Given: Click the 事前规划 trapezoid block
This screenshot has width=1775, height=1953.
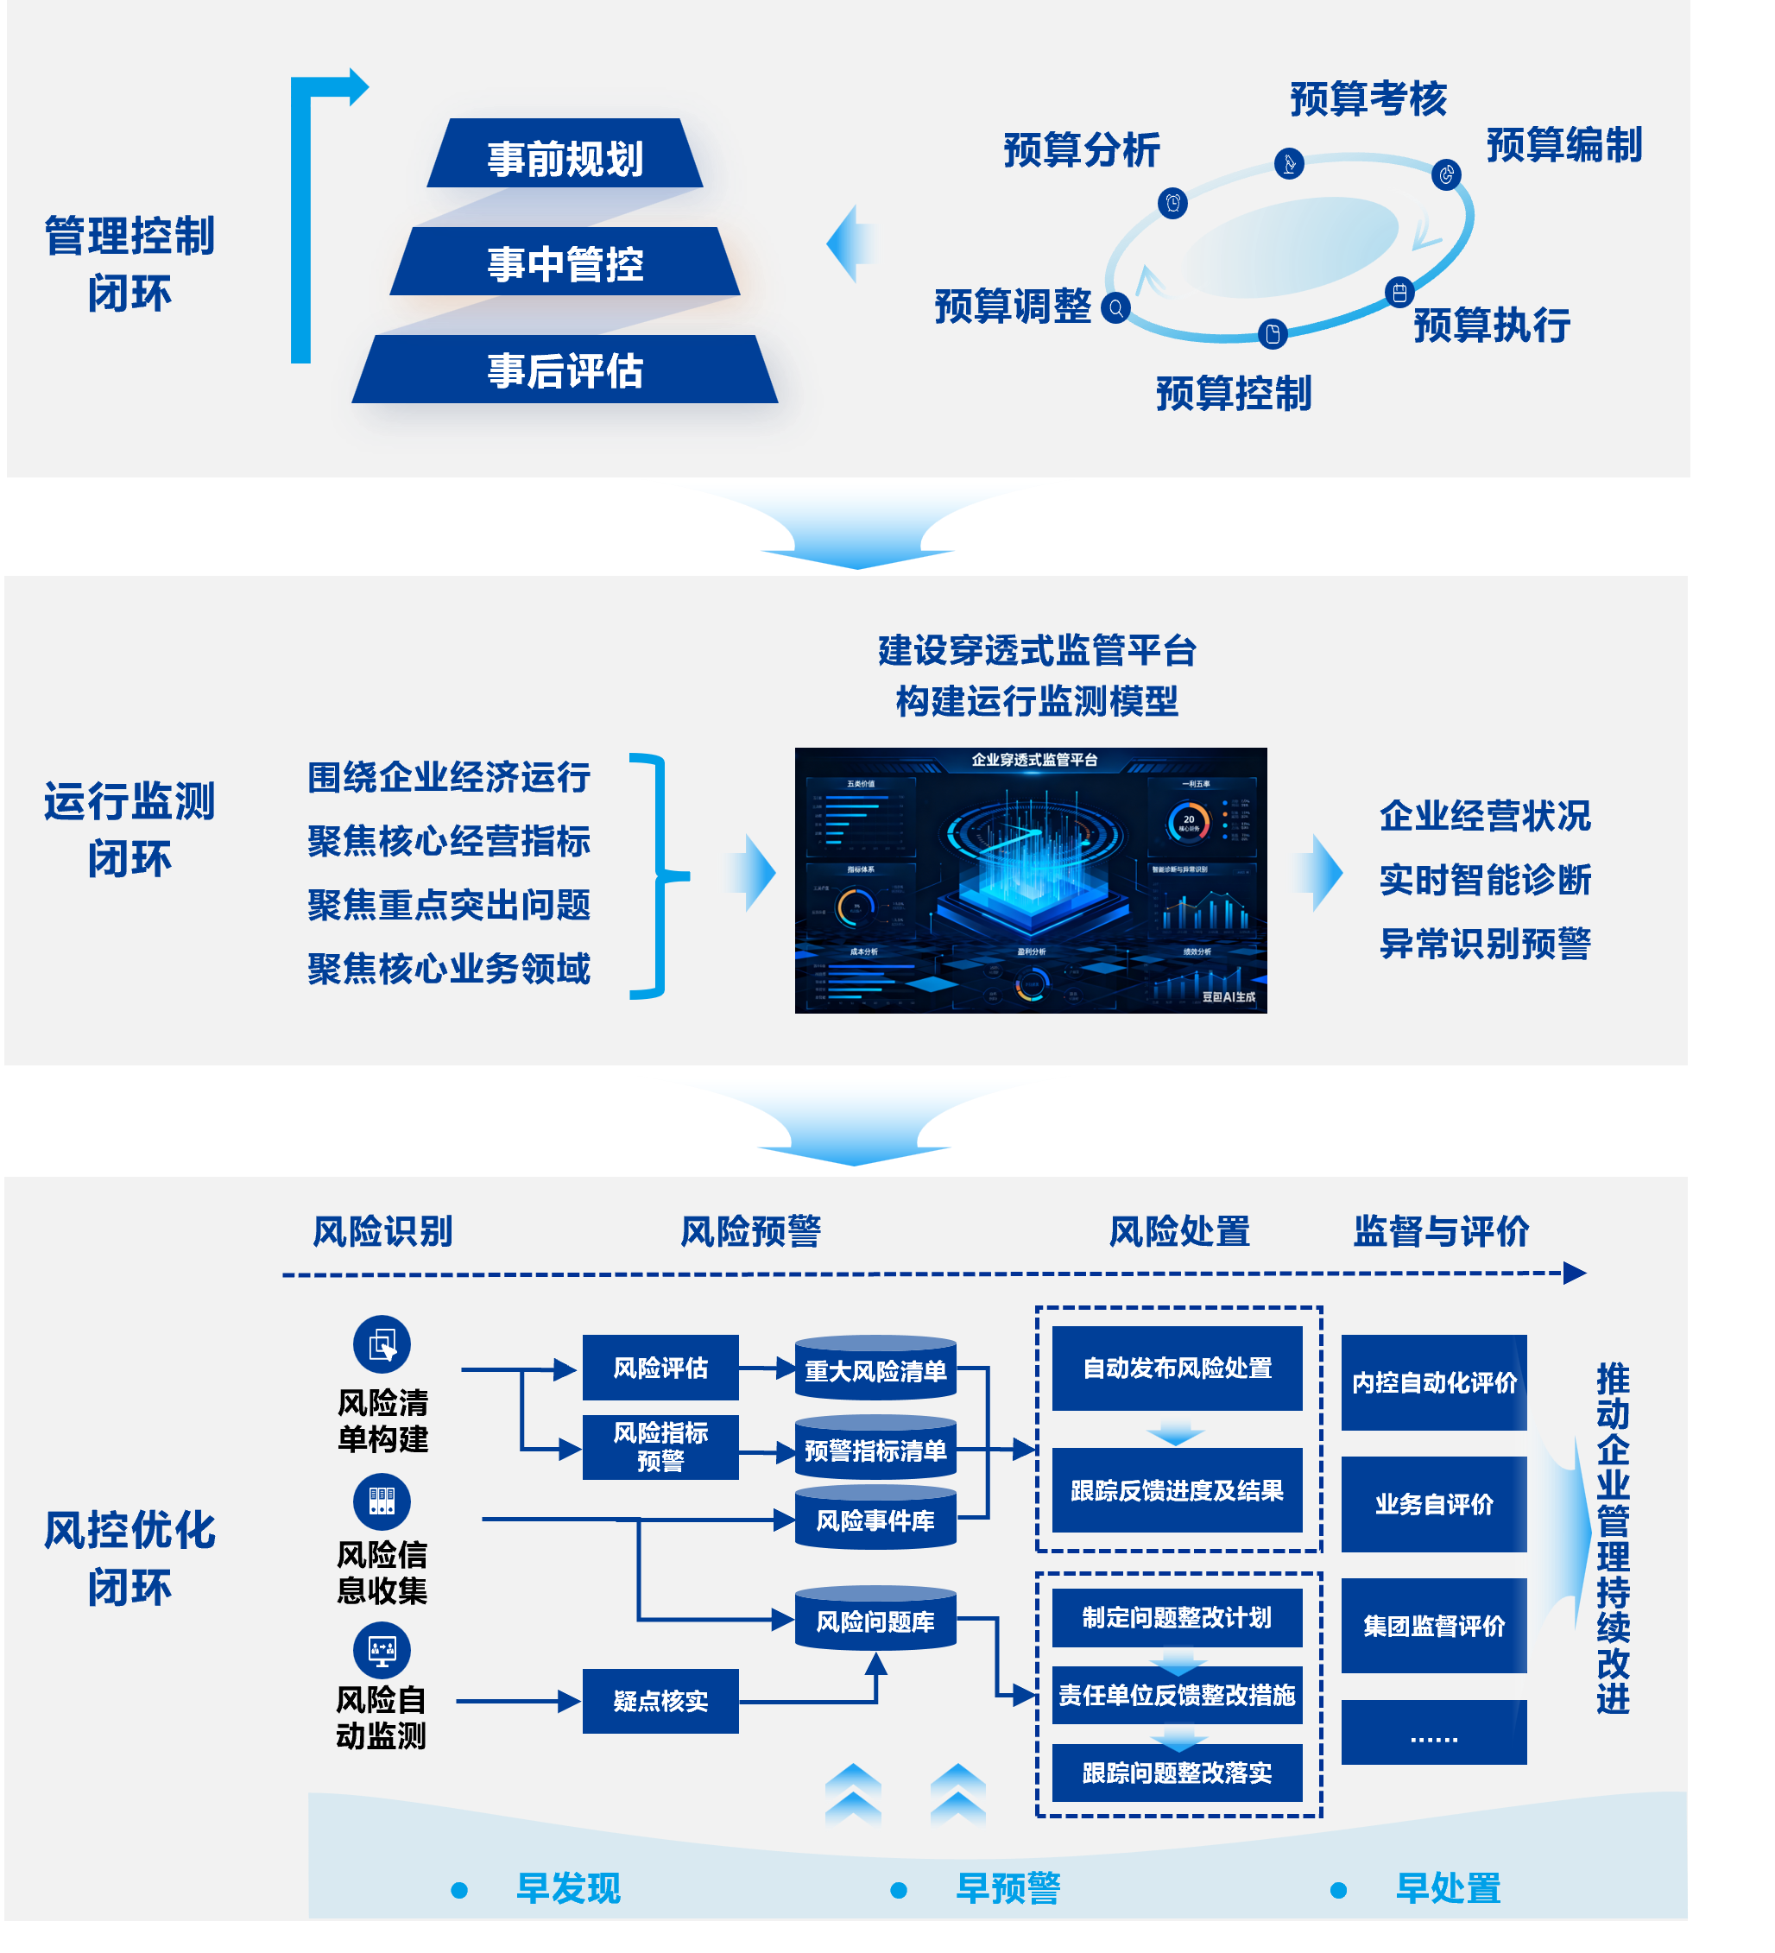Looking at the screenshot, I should pyautogui.click(x=565, y=155).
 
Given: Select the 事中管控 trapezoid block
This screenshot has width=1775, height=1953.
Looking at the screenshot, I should pyautogui.click(x=565, y=262).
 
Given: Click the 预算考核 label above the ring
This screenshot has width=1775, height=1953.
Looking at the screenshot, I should pyautogui.click(x=1368, y=98).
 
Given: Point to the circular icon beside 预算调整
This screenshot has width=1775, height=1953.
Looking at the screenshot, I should pyautogui.click(x=1115, y=308).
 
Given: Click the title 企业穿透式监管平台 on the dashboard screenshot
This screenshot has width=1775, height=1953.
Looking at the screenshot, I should pyautogui.click(x=1033, y=760).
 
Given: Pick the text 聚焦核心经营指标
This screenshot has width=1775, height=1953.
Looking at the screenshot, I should pyautogui.click(x=449, y=841).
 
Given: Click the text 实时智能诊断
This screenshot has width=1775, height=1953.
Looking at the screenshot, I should pyautogui.click(x=1484, y=880).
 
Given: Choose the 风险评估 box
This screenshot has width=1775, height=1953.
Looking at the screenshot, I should pyautogui.click(x=660, y=1367).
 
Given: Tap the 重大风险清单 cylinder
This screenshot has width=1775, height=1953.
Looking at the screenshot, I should pyautogui.click(x=875, y=1370).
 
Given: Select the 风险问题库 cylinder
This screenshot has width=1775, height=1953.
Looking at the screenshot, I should pyautogui.click(x=875, y=1620).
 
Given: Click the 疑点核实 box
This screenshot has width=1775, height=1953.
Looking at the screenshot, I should pyautogui.click(x=660, y=1700).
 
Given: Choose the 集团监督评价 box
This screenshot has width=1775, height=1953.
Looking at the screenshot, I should pyautogui.click(x=1433, y=1625).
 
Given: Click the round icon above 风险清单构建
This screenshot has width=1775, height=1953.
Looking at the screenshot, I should pyautogui.click(x=382, y=1343).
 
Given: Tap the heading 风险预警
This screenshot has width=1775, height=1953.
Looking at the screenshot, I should pyautogui.click(x=750, y=1231).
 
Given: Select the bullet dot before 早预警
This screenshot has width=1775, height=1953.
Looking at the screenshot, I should pyautogui.click(x=898, y=1889).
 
